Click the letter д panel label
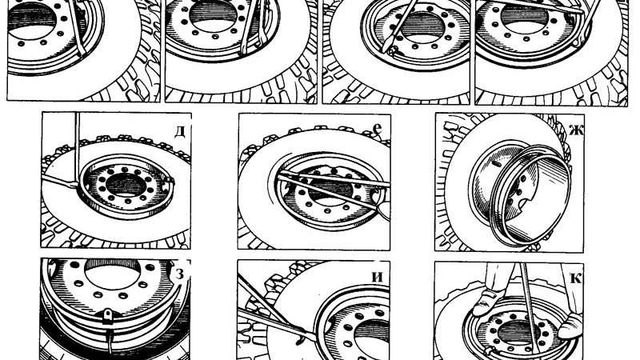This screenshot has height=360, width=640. click(180, 131)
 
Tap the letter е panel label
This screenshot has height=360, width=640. click(378, 129)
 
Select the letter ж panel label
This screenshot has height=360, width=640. click(575, 130)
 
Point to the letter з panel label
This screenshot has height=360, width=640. click(179, 273)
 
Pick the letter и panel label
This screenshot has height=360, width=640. click(378, 277)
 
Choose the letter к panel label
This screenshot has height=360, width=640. click(575, 278)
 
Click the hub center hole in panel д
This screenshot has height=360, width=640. click(126, 186)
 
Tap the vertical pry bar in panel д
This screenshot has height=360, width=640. click(77, 150)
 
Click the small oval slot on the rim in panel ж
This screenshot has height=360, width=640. click(496, 164)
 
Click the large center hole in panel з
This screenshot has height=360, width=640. click(113, 273)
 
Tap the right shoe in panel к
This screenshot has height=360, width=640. click(570, 325)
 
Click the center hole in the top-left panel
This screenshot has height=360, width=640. click(31, 19)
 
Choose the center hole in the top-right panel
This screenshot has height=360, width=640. click(524, 14)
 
